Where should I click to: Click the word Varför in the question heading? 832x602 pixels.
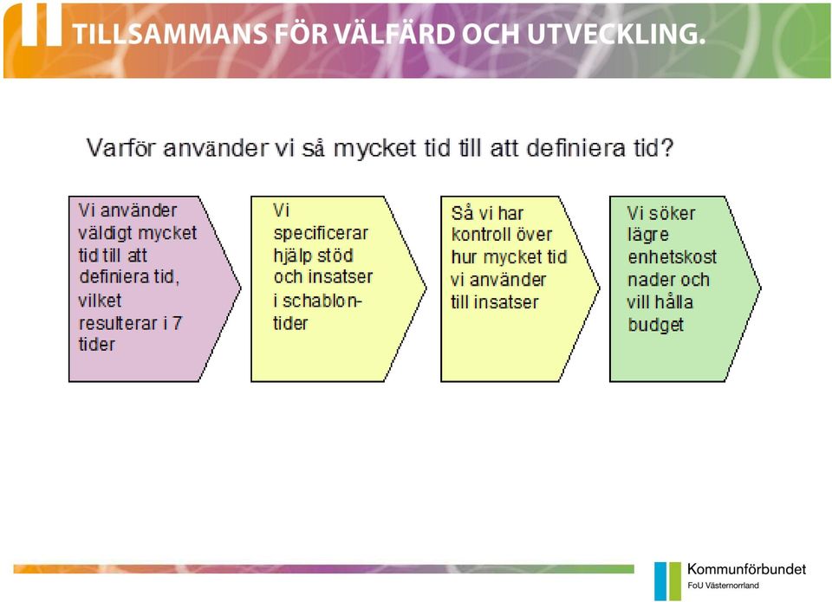pos(121,147)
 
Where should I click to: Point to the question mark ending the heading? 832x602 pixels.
pos(667,147)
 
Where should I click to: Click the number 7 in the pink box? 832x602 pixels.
pos(177,322)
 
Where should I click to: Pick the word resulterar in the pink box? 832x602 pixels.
pos(119,323)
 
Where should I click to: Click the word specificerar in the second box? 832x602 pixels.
pos(321,233)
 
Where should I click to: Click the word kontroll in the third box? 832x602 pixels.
pos(481,235)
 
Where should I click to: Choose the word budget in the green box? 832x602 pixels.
pos(656,325)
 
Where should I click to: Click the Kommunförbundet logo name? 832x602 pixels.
pos(746,569)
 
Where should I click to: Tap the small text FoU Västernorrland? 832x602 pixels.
pos(723,586)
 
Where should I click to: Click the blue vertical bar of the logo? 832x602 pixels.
pos(660,581)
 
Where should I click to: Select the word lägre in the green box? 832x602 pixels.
pos(648,236)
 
